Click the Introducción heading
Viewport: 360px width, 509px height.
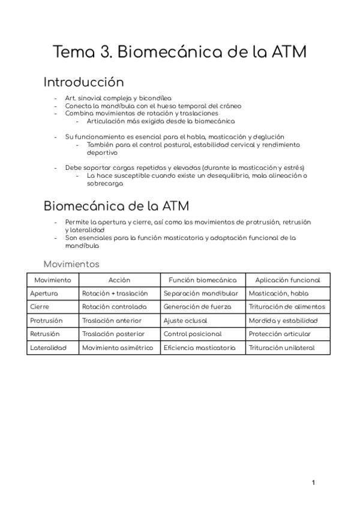[83, 82]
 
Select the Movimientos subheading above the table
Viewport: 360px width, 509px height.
[71, 264]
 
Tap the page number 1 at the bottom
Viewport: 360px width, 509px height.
[313, 483]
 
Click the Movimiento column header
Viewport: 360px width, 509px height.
[53, 280]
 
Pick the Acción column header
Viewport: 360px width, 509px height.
[119, 280]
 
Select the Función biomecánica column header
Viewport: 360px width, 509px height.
[202, 280]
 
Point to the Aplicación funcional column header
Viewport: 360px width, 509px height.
[287, 280]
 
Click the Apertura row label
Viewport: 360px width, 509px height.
[44, 294]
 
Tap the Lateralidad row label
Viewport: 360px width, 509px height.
[48, 348]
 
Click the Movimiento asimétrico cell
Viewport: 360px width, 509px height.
[118, 348]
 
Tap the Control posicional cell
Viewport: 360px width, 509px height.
[192, 334]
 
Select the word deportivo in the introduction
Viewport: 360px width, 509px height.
[102, 152]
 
